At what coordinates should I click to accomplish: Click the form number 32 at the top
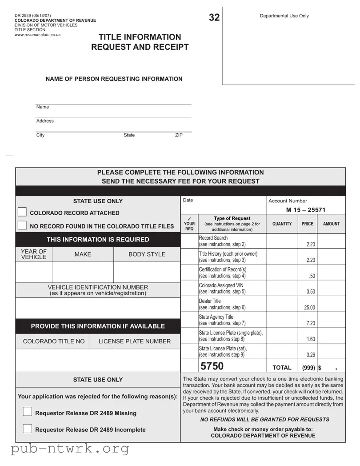214,17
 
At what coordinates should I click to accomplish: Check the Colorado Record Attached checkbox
22,212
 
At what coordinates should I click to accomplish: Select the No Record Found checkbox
22,225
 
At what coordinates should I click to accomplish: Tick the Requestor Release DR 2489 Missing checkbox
28,412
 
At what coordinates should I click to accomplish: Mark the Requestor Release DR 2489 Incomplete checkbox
28,429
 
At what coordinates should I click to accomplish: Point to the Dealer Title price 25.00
309,307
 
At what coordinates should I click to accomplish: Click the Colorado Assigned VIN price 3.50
311,292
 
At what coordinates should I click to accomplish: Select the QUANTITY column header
282,224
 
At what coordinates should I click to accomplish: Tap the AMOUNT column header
331,224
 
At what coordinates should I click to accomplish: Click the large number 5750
212,366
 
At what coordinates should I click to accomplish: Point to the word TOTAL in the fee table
282,368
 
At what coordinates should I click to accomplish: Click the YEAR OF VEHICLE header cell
34,254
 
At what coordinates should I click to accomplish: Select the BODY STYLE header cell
147,254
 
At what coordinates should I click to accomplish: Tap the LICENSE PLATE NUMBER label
134,341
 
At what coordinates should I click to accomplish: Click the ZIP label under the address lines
179,135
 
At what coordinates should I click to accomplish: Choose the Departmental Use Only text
284,16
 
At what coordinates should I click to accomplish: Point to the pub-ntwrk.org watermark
70,449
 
